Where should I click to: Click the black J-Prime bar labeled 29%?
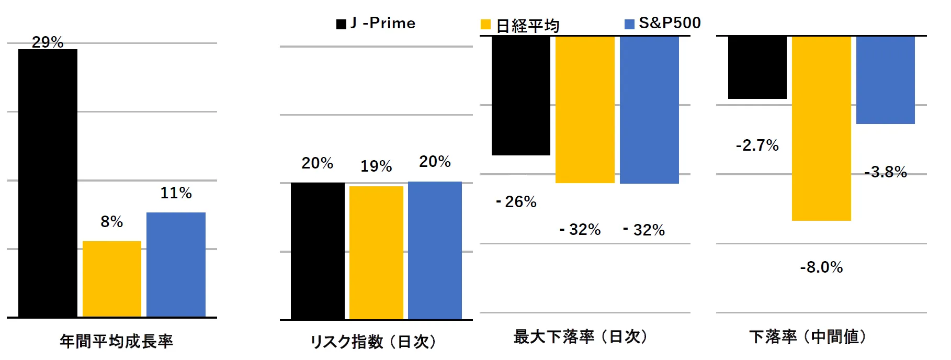[x=48, y=183]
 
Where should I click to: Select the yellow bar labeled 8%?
[x=112, y=278]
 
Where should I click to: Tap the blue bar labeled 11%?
[x=176, y=264]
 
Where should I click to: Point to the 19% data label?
[x=376, y=166]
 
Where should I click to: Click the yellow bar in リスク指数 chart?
[x=376, y=252]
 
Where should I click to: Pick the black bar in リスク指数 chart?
[x=318, y=251]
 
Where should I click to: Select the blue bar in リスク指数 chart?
[x=435, y=250]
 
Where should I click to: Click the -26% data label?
[x=516, y=202]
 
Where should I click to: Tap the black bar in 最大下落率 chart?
[x=521, y=96]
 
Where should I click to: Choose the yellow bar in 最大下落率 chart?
[x=585, y=109]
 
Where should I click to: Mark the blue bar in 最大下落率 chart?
[x=649, y=110]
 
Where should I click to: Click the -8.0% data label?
[x=821, y=267]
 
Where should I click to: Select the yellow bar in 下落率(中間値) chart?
[x=821, y=128]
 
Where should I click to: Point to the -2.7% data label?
[x=757, y=145]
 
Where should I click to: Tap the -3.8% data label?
[x=886, y=172]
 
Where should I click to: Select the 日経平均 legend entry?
[x=520, y=25]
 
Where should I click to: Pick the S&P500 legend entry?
[x=663, y=23]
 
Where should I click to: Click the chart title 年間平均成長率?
[x=116, y=341]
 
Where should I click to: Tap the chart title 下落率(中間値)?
[x=808, y=336]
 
